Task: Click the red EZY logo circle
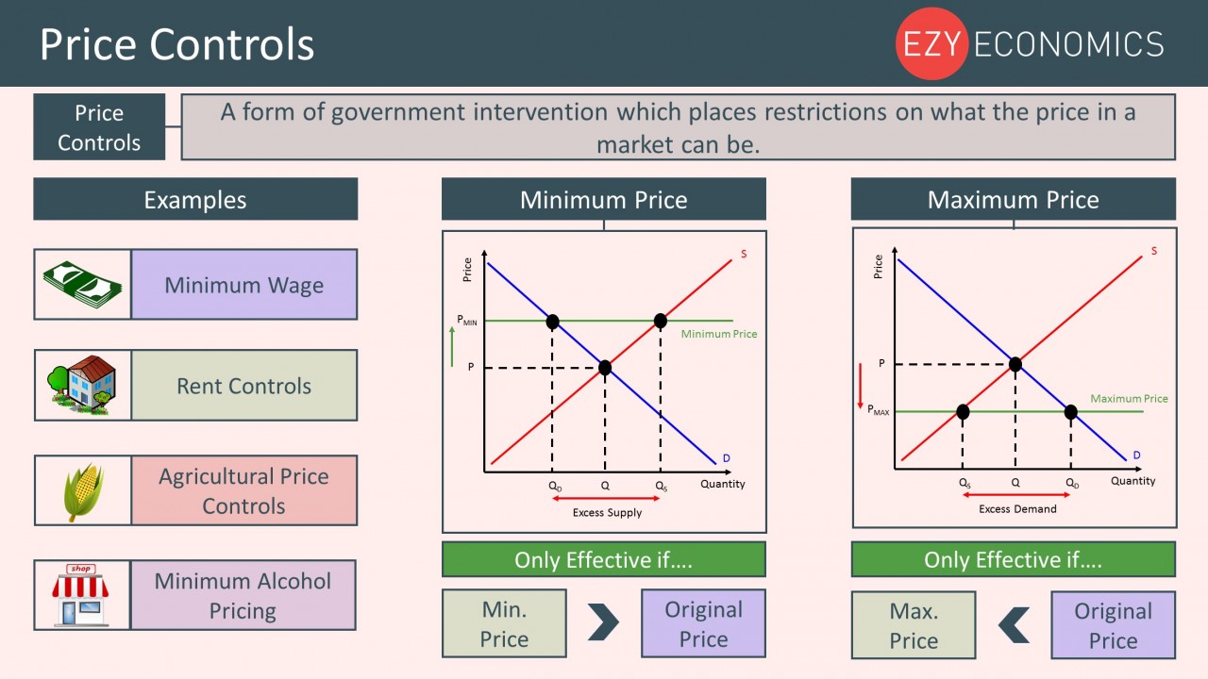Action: pyautogui.click(x=931, y=43)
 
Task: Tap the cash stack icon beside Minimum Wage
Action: pyautogui.click(x=82, y=284)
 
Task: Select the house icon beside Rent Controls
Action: pyautogui.click(x=82, y=384)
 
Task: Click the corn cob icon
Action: pyautogui.click(x=83, y=490)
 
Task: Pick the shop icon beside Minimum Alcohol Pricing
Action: pyautogui.click(x=81, y=594)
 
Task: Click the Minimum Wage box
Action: pyautogui.click(x=243, y=285)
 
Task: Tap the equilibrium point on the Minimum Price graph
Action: pyautogui.click(x=605, y=367)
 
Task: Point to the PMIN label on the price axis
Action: pyautogui.click(x=467, y=321)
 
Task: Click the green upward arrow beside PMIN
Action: pyautogui.click(x=453, y=347)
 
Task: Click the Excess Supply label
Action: pyautogui.click(x=607, y=513)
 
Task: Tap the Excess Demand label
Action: pyautogui.click(x=1017, y=509)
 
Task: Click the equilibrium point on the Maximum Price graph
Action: pyautogui.click(x=1015, y=364)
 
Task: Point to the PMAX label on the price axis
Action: pyautogui.click(x=878, y=412)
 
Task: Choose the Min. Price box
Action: pyautogui.click(x=504, y=624)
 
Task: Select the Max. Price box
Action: pyautogui.click(x=914, y=626)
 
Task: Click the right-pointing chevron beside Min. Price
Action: pyautogui.click(x=603, y=622)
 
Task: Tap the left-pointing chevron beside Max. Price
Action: pyautogui.click(x=1014, y=624)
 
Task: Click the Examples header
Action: pyautogui.click(x=195, y=200)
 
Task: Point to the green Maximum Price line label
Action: pyautogui.click(x=1129, y=399)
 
